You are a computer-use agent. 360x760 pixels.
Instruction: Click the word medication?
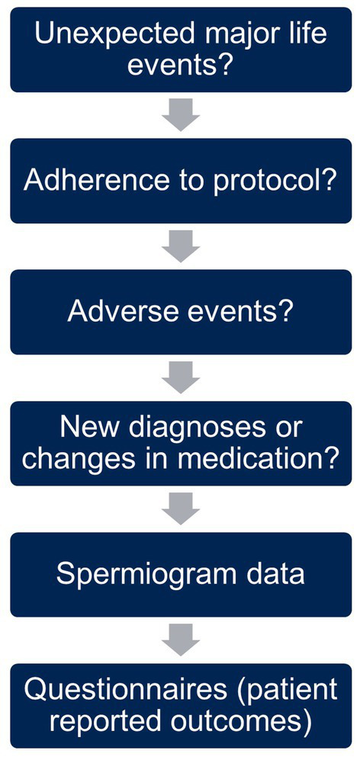[x=265, y=458]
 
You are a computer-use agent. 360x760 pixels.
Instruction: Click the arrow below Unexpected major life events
[x=181, y=115]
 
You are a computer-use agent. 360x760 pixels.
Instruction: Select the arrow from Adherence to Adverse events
[x=181, y=246]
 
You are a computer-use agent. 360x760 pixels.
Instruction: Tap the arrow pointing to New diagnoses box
[x=181, y=377]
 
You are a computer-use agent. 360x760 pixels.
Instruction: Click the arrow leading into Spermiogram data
[x=181, y=509]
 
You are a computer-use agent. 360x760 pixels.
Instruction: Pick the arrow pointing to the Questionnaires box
[x=181, y=640]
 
